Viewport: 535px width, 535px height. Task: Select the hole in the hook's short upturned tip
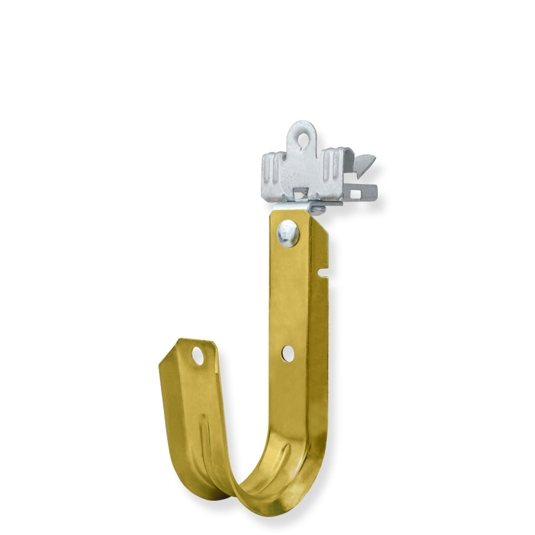[199, 355]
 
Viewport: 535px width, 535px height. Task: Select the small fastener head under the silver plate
[318, 210]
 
